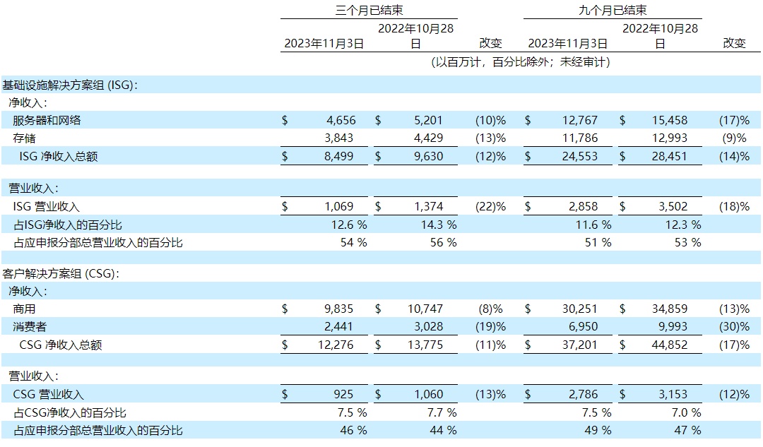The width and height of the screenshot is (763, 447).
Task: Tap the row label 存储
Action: [25, 138]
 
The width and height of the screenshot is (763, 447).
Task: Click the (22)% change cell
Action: [491, 206]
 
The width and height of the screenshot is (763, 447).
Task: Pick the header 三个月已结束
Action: [369, 10]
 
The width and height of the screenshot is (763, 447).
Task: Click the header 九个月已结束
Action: [613, 10]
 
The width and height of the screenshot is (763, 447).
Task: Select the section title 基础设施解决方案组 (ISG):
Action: [70, 85]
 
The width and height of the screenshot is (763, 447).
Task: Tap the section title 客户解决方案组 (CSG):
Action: [60, 273]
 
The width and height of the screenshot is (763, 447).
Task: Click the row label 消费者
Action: [30, 326]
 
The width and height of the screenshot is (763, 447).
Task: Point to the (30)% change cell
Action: [734, 326]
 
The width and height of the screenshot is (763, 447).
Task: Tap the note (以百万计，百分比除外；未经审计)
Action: [521, 62]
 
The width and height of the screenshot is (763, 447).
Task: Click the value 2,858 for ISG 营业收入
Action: [582, 206]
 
